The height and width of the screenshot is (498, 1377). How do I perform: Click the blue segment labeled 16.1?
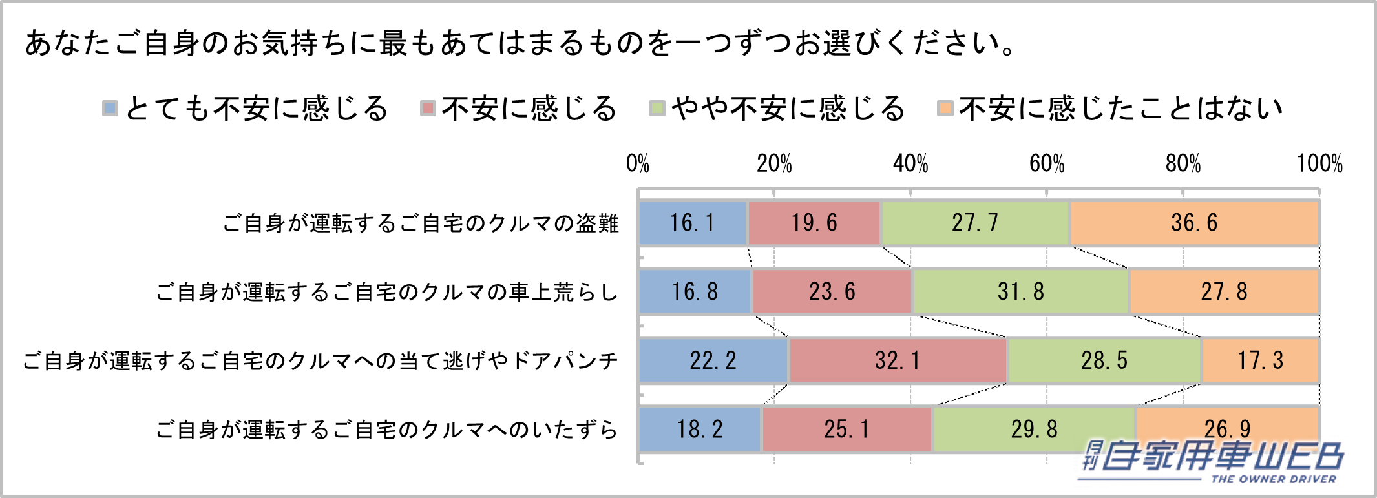693,223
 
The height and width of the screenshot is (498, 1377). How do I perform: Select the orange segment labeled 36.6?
1194,223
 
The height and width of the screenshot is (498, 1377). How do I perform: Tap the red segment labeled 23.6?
832,291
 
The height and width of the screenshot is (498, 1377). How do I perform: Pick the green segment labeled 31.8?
1021,291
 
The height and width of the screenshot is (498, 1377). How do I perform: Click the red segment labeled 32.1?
898,360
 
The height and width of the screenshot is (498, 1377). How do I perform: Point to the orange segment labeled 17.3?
1260,360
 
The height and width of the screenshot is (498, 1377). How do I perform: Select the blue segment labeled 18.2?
700,429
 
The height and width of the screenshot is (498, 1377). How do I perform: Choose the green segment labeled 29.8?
1034,429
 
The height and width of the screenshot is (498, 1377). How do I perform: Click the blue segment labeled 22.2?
713,360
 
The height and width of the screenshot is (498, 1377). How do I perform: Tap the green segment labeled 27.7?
975,223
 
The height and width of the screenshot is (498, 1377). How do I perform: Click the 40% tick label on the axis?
910,163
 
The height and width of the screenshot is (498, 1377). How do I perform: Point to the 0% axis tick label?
638,163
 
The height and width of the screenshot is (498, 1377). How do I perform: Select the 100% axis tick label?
1319,163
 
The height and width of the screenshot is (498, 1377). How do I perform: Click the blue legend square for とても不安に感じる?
110,109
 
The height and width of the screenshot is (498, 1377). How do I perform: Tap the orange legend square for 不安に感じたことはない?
945,109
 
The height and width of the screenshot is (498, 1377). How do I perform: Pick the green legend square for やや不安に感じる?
657,109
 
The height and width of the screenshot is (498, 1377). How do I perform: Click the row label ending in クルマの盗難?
421,223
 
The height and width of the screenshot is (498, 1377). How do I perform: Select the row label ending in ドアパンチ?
321,360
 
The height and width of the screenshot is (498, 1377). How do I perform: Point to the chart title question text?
520,43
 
